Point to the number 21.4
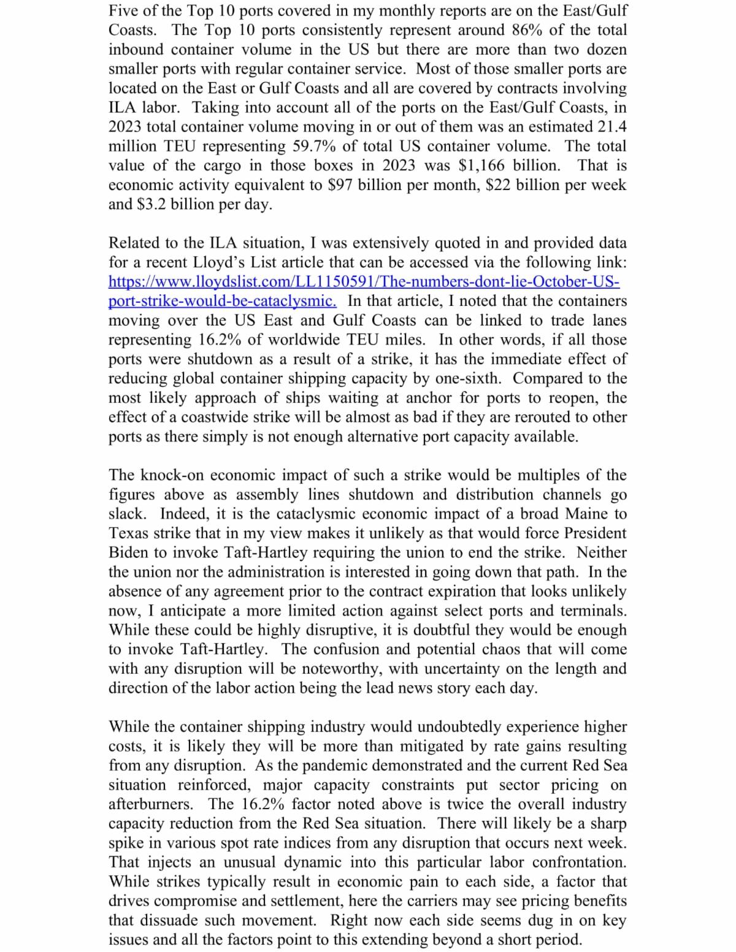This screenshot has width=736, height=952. [611, 127]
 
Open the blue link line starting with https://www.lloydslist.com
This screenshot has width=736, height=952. [364, 282]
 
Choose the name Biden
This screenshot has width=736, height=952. [128, 552]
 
